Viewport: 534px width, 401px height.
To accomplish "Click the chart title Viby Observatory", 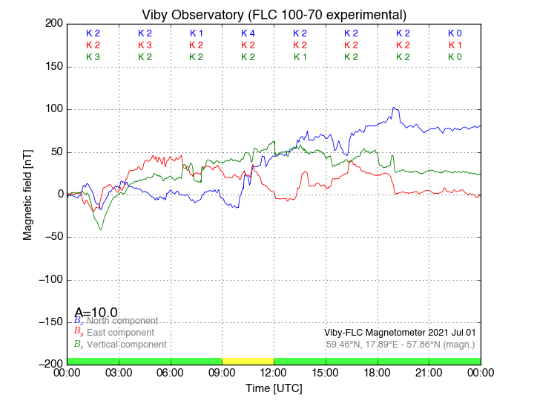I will [274, 15].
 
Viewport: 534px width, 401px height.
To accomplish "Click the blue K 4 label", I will [248, 33].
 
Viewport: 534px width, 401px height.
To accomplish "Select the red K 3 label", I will [145, 45].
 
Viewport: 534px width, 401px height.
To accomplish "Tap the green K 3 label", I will [93, 57].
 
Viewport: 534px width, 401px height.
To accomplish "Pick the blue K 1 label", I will [197, 33].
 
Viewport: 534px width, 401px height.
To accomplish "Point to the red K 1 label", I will [455, 45].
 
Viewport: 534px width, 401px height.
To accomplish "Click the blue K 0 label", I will [455, 33].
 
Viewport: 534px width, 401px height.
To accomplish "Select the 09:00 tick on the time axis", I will [222, 372].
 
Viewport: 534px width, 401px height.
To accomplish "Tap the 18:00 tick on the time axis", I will [378, 372].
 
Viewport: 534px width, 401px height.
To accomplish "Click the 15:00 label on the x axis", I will [326, 372].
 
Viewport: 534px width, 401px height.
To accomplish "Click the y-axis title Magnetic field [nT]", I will [28, 193].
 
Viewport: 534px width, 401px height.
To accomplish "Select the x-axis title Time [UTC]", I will [274, 388].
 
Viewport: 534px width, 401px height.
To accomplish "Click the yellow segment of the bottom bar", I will [248, 361].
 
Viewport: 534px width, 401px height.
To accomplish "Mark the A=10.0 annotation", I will [96, 313].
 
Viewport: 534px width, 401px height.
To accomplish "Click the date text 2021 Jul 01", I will [444, 332].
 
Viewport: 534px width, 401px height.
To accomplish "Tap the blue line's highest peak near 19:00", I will [395, 108].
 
